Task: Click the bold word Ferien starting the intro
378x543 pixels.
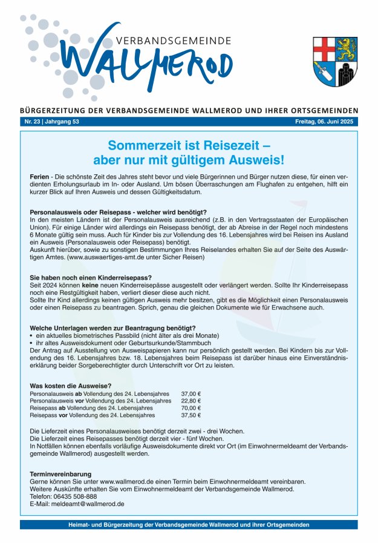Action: [40, 176]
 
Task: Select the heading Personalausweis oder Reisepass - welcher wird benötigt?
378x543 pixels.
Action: [118, 212]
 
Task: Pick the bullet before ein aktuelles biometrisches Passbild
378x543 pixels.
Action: [31, 335]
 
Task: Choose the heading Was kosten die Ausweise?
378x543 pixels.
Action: [70, 386]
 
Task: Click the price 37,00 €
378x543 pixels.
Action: [191, 393]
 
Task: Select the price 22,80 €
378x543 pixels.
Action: [191, 401]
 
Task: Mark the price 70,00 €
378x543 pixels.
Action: [191, 408]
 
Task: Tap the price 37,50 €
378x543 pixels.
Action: [191, 415]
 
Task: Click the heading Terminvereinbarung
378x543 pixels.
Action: [60, 474]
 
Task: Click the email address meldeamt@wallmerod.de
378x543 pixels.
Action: [88, 504]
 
